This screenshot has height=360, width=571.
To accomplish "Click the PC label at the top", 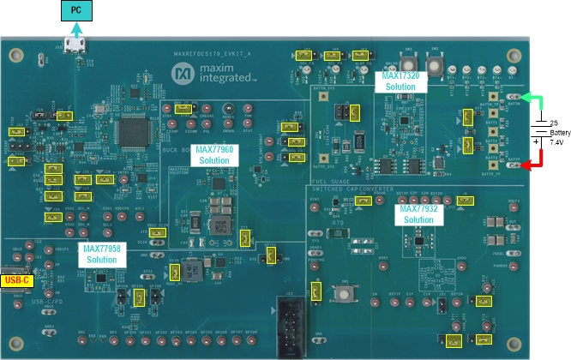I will [x=76, y=11].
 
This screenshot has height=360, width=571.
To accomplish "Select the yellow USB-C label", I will [x=15, y=279].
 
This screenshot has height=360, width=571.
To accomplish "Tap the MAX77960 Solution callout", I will [x=214, y=154].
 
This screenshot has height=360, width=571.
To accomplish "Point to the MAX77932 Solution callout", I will [x=418, y=214].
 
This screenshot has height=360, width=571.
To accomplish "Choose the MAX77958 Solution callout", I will [x=100, y=254].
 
